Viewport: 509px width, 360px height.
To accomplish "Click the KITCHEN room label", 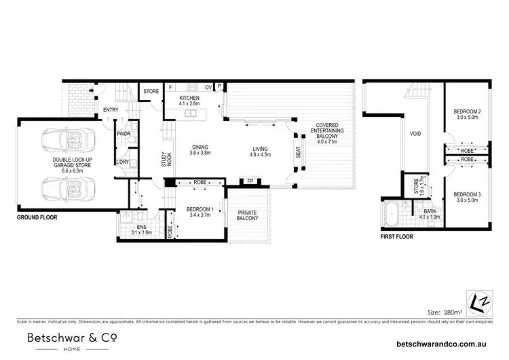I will point(189,98).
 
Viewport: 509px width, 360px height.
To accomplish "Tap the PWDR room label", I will point(124,134).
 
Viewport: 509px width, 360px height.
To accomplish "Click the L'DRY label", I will point(123,162).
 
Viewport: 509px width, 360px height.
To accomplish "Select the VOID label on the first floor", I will point(416,133).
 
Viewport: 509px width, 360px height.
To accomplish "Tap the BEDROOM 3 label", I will point(468,194).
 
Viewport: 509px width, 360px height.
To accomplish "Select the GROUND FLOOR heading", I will point(37,218).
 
